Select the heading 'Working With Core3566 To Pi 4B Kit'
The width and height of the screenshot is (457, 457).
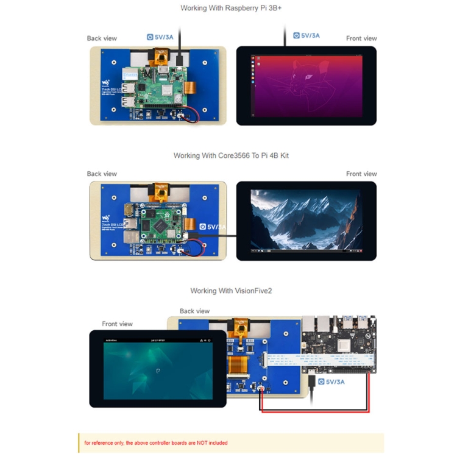pyautogui.click(x=231, y=155)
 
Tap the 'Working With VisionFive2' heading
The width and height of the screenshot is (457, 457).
pyautogui.click(x=231, y=291)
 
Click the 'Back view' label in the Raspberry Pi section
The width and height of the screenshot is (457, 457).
pyautogui.click(x=102, y=38)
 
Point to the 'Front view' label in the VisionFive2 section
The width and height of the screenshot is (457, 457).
pyautogui.click(x=117, y=324)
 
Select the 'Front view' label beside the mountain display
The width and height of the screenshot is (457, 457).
pyautogui.click(x=361, y=174)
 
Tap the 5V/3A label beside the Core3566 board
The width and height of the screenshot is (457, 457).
pyautogui.click(x=215, y=227)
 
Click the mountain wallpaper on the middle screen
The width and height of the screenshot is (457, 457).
pyautogui.click(x=306, y=219)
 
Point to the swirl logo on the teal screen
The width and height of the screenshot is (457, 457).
pyautogui.click(x=158, y=371)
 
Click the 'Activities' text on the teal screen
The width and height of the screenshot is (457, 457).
pyautogui.click(x=111, y=341)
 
